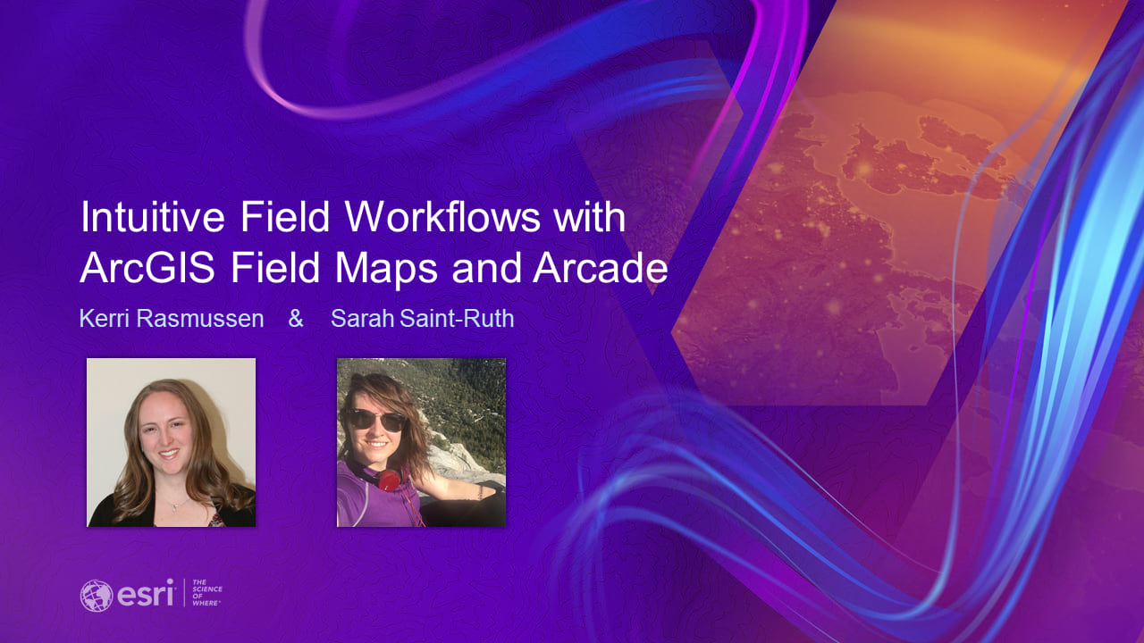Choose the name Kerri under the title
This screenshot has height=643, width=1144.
click(104, 319)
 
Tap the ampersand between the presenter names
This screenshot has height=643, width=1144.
click(296, 319)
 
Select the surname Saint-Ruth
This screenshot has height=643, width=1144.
click(457, 319)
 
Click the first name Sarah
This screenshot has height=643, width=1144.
click(362, 319)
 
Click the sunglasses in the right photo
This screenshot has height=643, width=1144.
click(374, 420)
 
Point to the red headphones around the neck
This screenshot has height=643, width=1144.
click(388, 480)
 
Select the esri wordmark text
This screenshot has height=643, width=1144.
click(144, 594)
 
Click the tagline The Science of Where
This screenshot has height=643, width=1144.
click(207, 594)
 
